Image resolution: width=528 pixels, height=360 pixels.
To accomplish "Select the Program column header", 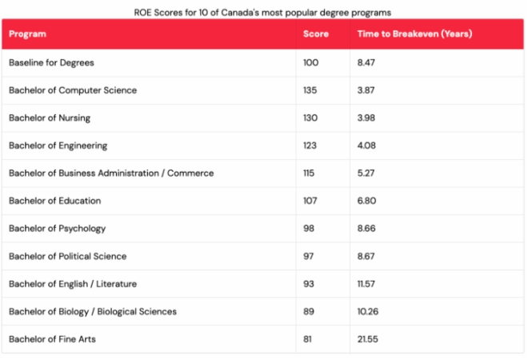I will pyautogui.click(x=27, y=34).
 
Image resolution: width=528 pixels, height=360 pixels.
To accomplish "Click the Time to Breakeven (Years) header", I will pyautogui.click(x=414, y=34).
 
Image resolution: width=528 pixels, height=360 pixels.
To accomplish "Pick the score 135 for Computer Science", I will pyautogui.click(x=310, y=90).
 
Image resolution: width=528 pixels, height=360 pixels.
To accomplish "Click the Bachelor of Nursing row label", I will pyautogui.click(x=50, y=118).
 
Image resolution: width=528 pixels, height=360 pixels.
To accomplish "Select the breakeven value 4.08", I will pyautogui.click(x=366, y=146).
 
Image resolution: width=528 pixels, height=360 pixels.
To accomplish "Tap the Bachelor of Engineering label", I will pyautogui.click(x=58, y=146).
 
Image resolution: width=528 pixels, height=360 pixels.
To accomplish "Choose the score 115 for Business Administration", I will pyautogui.click(x=309, y=173).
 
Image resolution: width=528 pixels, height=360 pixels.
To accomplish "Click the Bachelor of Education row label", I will pyautogui.click(x=54, y=201).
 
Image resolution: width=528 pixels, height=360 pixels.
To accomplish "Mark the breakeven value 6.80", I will pyautogui.click(x=367, y=201).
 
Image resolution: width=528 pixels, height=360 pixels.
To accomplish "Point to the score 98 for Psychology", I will pyautogui.click(x=309, y=228).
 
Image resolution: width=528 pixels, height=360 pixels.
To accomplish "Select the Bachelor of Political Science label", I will pyautogui.click(x=67, y=256).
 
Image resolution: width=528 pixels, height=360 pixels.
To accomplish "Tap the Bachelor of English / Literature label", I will pyautogui.click(x=73, y=283).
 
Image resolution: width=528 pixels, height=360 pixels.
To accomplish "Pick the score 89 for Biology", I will pyautogui.click(x=309, y=311).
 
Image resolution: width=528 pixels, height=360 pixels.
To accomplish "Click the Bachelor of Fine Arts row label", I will pyautogui.click(x=53, y=339).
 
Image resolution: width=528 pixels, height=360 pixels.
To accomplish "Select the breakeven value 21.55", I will pyautogui.click(x=368, y=339).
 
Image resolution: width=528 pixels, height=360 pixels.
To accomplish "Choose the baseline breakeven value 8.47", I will pyautogui.click(x=366, y=62).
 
